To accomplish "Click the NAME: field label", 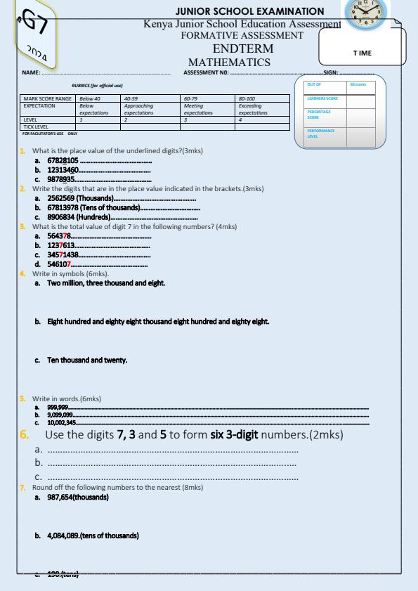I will coord(31,72).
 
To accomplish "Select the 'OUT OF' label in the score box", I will coord(313,85).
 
